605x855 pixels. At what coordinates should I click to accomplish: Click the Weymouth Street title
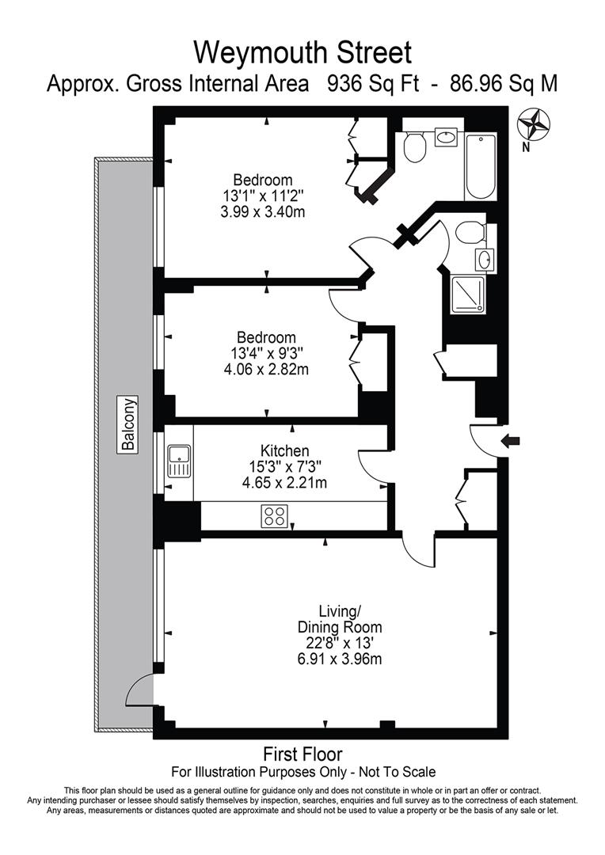[302, 53]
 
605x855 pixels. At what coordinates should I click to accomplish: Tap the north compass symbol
[534, 125]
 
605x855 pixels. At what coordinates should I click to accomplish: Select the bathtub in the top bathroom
[481, 167]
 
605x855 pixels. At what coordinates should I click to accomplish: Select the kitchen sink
[179, 462]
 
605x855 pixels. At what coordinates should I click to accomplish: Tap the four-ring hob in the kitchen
[274, 516]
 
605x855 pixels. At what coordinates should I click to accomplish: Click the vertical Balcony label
[127, 424]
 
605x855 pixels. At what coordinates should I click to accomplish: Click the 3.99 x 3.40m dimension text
[262, 211]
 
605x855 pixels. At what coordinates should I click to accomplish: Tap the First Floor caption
[302, 754]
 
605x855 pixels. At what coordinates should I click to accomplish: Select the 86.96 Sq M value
[503, 84]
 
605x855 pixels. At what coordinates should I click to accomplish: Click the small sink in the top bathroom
[446, 137]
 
